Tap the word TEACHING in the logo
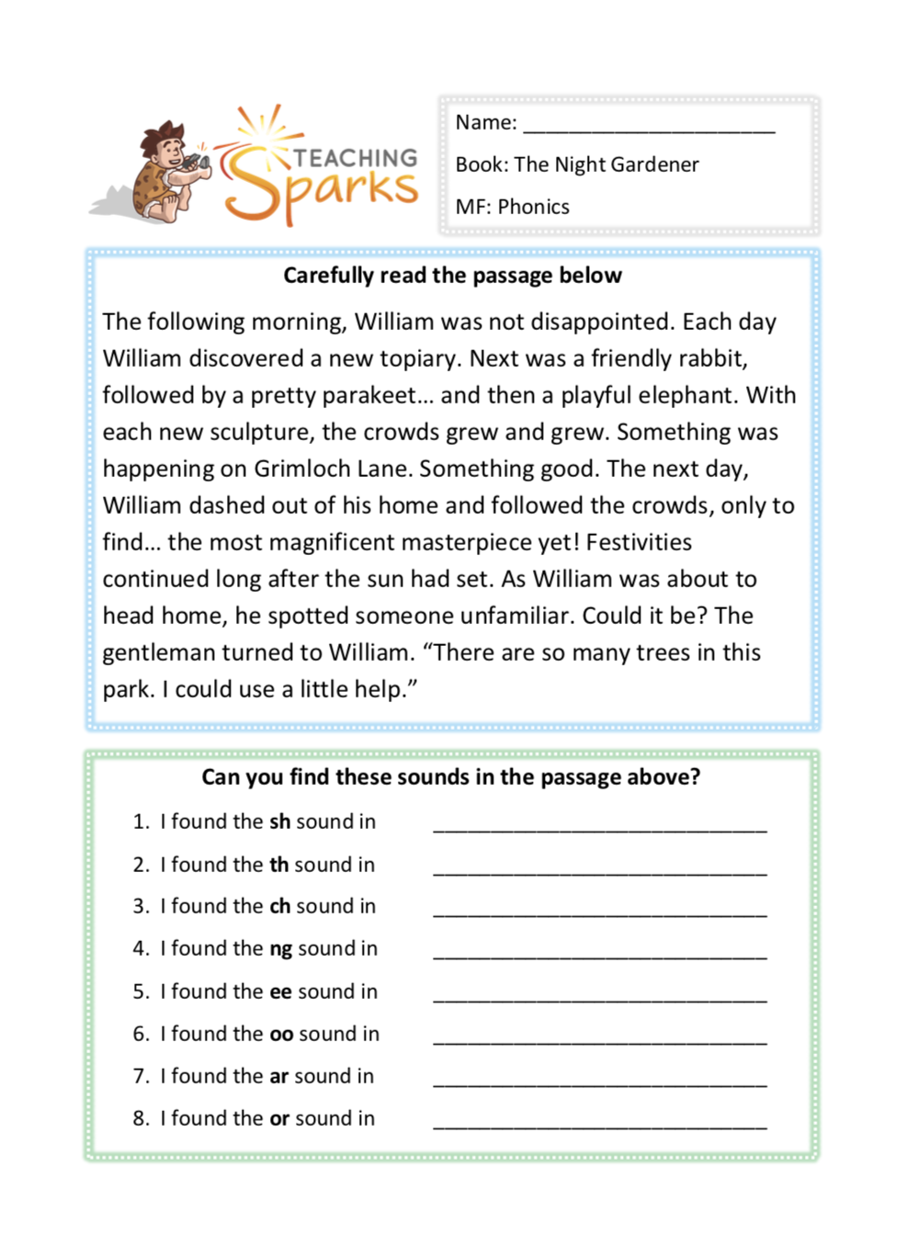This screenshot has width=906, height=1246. click(355, 158)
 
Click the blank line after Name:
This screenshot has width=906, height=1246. click(649, 127)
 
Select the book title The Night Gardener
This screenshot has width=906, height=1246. click(606, 164)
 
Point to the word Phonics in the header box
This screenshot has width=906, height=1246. click(533, 207)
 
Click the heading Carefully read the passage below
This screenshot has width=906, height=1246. click(452, 276)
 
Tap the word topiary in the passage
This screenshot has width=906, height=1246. click(410, 358)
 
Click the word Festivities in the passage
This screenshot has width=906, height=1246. click(639, 542)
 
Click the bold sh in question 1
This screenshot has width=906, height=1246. click(279, 821)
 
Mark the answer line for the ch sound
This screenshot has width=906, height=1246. click(599, 912)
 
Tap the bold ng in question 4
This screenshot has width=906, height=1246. click(280, 949)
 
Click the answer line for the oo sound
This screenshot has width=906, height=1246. click(599, 1039)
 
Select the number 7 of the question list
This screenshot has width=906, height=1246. click(141, 1076)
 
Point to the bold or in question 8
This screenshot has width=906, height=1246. click(279, 1118)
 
